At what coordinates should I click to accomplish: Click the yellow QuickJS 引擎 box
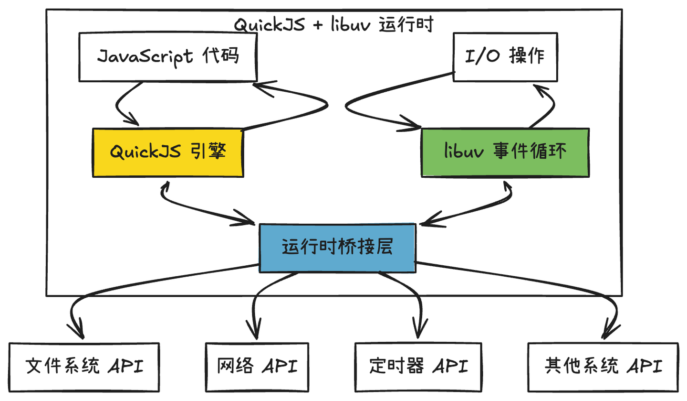click(167, 152)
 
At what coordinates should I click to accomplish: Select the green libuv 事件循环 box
click(505, 152)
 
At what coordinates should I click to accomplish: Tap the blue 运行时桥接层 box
click(337, 248)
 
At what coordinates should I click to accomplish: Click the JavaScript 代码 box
click(167, 57)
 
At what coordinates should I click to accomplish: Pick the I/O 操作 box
click(505, 57)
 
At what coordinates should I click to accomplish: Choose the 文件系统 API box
click(84, 367)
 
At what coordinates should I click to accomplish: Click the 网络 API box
click(257, 367)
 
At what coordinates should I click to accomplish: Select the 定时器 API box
click(418, 367)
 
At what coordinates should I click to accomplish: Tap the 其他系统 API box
click(603, 367)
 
